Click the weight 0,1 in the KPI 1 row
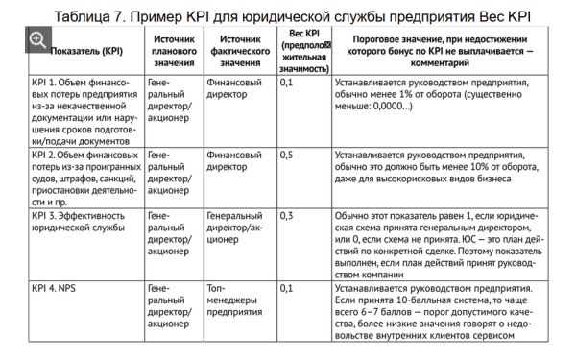click(286, 84)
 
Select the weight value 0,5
click(286, 154)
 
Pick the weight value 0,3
click(286, 216)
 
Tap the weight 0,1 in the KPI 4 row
click(286, 286)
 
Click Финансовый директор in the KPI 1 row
click(235, 90)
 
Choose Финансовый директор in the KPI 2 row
click(235, 159)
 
